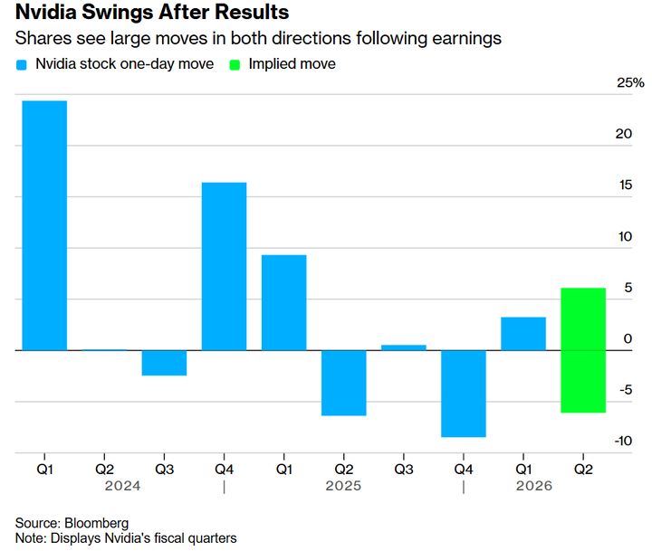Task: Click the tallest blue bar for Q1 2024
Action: tap(44, 225)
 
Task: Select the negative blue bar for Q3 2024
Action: tap(164, 363)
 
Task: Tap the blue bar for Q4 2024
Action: tap(224, 266)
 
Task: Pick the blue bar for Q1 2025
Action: tap(283, 302)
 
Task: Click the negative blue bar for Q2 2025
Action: tap(343, 383)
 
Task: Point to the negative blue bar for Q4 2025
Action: tap(464, 394)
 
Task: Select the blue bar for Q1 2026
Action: tap(523, 333)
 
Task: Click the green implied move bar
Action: tap(583, 350)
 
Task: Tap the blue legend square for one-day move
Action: tap(22, 64)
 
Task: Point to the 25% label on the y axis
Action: tap(630, 83)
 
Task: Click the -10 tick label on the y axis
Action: tap(624, 441)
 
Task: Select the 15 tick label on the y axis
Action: tap(625, 185)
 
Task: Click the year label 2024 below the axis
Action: tap(121, 486)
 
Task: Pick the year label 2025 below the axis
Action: tap(343, 486)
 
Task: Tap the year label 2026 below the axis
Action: tap(533, 486)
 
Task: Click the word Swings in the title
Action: tap(110, 14)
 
